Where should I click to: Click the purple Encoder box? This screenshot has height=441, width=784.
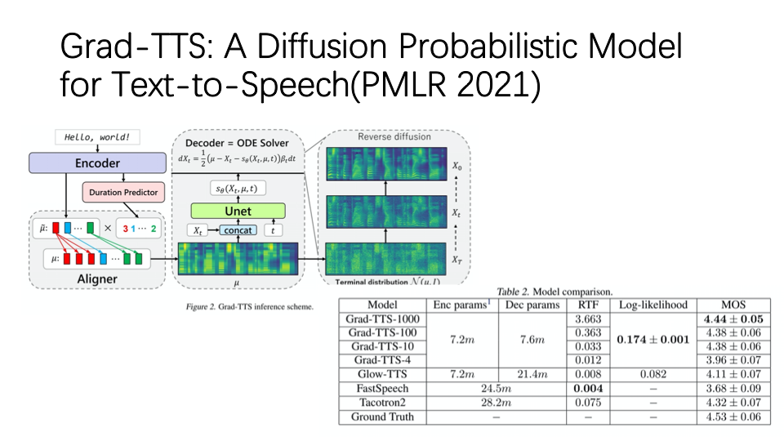pos(97,163)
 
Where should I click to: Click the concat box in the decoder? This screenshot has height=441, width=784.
pos(238,230)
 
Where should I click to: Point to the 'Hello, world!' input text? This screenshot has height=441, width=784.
pos(97,137)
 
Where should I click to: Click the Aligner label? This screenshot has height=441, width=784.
pos(97,279)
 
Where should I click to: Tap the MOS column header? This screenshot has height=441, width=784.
pos(728,304)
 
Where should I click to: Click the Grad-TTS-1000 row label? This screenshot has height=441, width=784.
pos(383,318)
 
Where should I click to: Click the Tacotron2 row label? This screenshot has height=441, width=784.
pos(383,402)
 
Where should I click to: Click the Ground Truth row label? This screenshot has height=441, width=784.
pos(383,416)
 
